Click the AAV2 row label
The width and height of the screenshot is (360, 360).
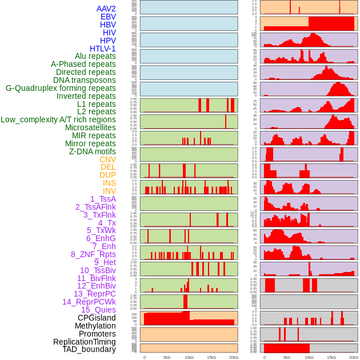106,9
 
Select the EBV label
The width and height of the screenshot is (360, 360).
108,17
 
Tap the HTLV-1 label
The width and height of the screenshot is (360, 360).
103,49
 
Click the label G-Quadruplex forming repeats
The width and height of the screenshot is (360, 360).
61,88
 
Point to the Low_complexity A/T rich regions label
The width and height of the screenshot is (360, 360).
58,119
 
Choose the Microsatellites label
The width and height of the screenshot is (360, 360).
90,127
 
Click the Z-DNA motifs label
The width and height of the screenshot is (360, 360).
93,151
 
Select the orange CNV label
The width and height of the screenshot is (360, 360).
107,159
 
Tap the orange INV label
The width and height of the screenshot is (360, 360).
109,191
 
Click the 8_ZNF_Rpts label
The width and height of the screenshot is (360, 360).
93,254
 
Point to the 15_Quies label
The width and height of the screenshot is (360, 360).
98,310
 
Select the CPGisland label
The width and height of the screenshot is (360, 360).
97,318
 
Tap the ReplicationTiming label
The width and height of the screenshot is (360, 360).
84,342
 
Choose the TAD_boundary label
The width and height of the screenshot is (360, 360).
89,349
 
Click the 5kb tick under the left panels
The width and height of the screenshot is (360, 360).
167,357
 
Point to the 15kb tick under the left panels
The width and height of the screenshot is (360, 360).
211,357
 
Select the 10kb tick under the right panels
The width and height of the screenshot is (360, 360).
309,357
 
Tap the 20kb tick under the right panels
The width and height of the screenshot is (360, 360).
354,357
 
